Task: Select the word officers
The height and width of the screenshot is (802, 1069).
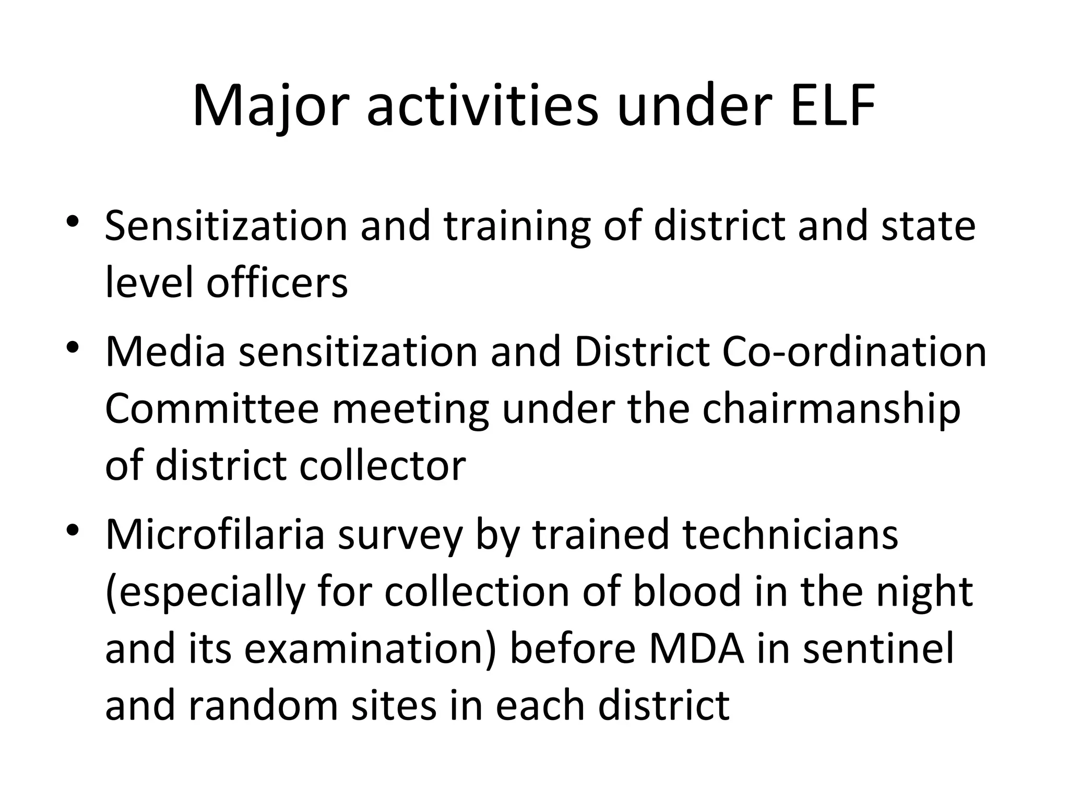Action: pos(277,283)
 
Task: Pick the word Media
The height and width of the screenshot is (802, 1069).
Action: pos(165,351)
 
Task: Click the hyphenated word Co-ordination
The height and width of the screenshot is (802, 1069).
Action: pos(854,351)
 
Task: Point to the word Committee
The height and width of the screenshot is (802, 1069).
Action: pos(212,409)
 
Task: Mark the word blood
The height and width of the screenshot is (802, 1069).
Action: pos(687,592)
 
